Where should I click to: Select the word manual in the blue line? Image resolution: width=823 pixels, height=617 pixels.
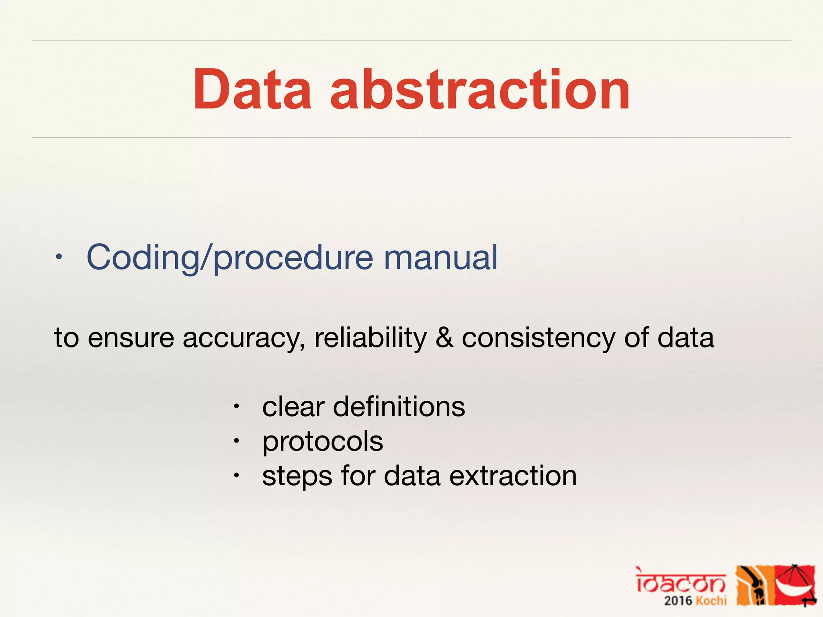[x=441, y=257]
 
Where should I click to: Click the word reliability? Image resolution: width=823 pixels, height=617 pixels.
[x=370, y=338]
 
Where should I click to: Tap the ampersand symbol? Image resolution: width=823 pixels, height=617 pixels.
[x=444, y=338]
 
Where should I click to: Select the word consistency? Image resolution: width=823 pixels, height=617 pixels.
[x=538, y=338]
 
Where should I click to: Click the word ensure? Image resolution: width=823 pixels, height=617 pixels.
[x=131, y=338]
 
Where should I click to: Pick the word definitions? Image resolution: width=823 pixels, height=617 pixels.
[x=399, y=407]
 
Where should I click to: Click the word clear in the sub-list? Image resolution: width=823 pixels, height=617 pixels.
[x=293, y=407]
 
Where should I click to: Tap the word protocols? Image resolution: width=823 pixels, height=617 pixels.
[x=323, y=441]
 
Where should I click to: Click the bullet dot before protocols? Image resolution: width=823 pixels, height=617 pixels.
[x=237, y=441]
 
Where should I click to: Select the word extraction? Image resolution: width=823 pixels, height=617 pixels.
[x=513, y=476]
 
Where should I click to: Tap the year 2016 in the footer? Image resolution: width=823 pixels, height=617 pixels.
[x=678, y=601]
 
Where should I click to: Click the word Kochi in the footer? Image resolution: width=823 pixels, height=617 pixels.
[x=711, y=601]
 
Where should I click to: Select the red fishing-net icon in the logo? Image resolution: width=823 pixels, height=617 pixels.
[x=795, y=585]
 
